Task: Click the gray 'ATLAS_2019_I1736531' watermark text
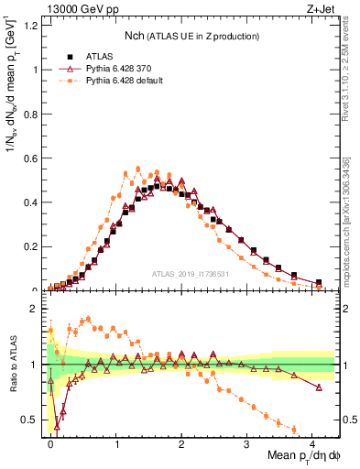[x=194, y=275]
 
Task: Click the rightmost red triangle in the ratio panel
[x=319, y=387]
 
